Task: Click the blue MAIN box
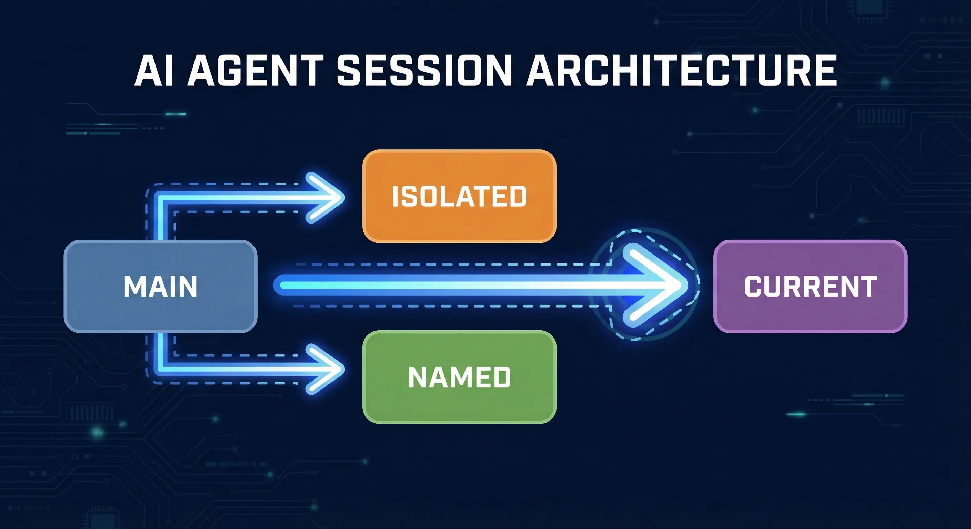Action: tap(161, 286)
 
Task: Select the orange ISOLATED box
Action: tap(459, 196)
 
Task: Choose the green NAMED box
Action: tap(459, 377)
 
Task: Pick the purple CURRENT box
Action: tap(810, 286)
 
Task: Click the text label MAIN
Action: tap(161, 287)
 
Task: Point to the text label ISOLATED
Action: tap(459, 196)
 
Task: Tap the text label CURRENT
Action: tap(810, 287)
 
